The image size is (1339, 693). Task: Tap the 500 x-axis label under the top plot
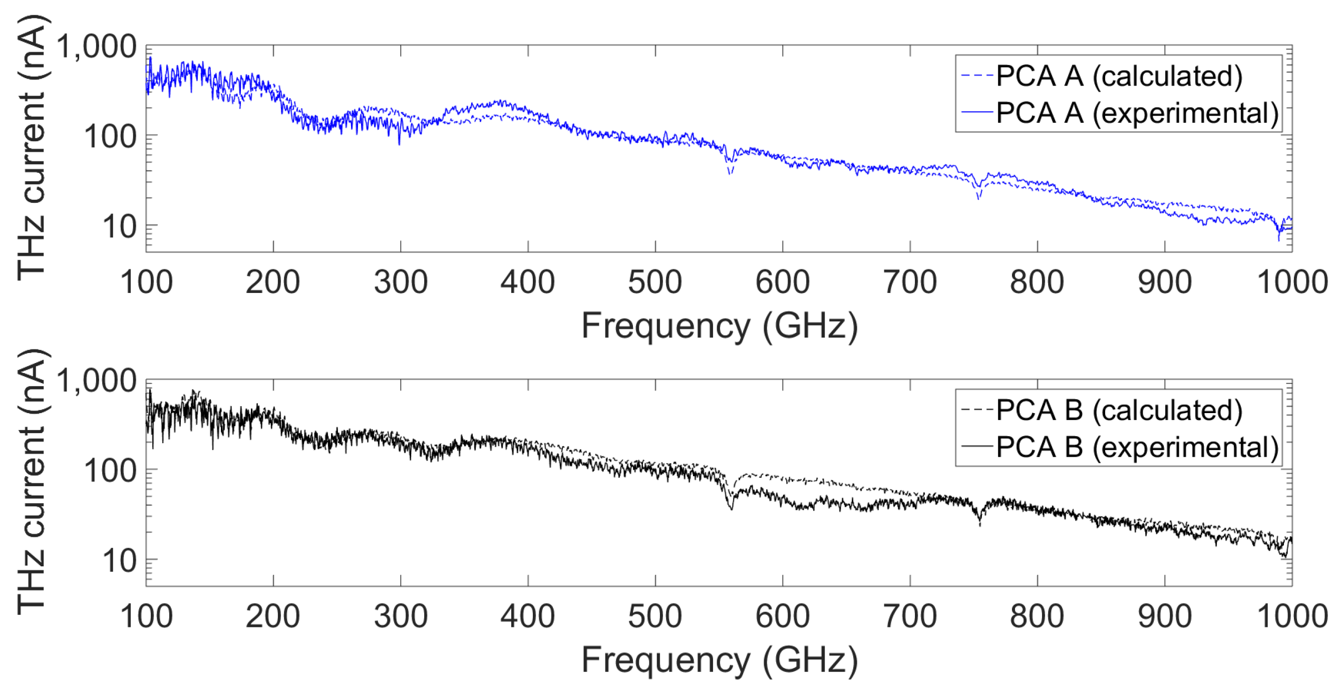tap(655, 282)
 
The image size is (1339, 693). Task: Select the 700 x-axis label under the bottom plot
tap(910, 616)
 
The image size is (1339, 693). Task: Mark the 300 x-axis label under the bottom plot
tap(400, 616)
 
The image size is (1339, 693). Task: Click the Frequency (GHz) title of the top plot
tap(720, 326)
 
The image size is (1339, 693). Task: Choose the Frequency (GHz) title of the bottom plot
tap(720, 660)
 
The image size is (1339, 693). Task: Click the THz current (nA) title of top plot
tap(31, 148)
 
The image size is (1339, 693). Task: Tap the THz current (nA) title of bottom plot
tap(31, 483)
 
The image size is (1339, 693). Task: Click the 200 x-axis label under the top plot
tap(273, 282)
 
